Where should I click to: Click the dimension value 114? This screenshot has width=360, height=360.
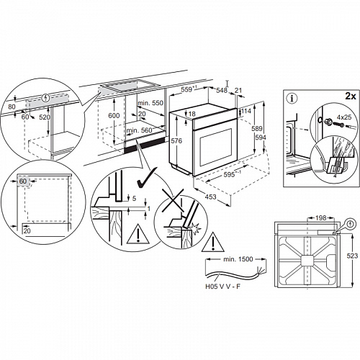click(x=246, y=112)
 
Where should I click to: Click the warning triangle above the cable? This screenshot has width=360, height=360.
click(x=216, y=239)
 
